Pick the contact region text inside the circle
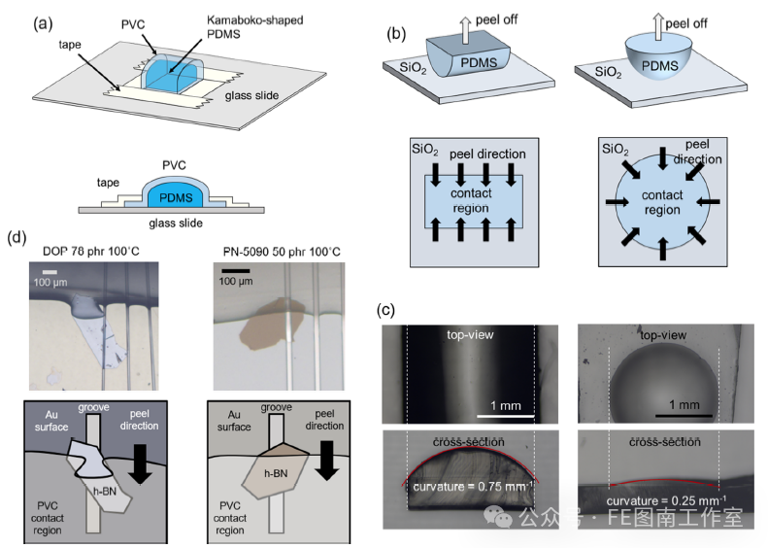pyautogui.click(x=662, y=203)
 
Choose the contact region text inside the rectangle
pyautogui.click(x=471, y=200)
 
